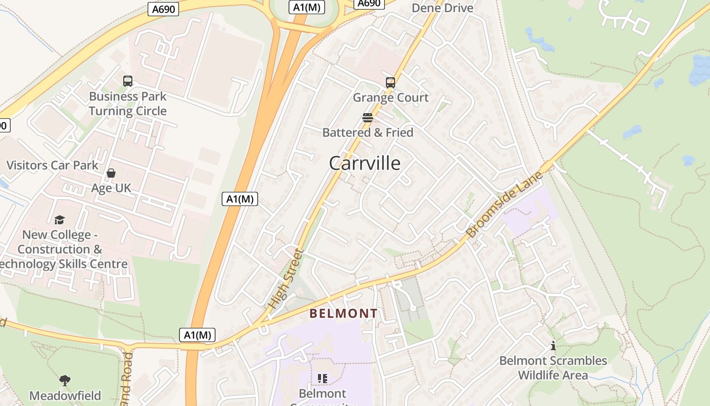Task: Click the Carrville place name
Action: point(364,163)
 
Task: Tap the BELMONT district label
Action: point(343,314)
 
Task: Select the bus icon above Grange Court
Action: point(390,82)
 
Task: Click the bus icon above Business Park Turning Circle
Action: point(128,81)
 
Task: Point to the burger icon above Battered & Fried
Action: point(368,118)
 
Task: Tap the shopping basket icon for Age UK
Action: point(111,173)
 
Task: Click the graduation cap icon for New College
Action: point(60,220)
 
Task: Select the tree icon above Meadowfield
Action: point(64,381)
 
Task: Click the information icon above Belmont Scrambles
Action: point(553,346)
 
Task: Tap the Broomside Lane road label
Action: point(504,205)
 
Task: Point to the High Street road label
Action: point(285,279)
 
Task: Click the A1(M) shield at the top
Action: point(306,7)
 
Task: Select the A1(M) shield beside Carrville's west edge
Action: point(240,199)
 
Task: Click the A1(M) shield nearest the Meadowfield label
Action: point(197,335)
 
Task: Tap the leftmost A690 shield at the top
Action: point(163,9)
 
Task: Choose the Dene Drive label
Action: point(442,8)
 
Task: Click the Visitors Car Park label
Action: point(52,165)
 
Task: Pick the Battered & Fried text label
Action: point(368,132)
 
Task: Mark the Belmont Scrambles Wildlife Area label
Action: point(553,368)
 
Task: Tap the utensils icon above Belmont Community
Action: point(322,378)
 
